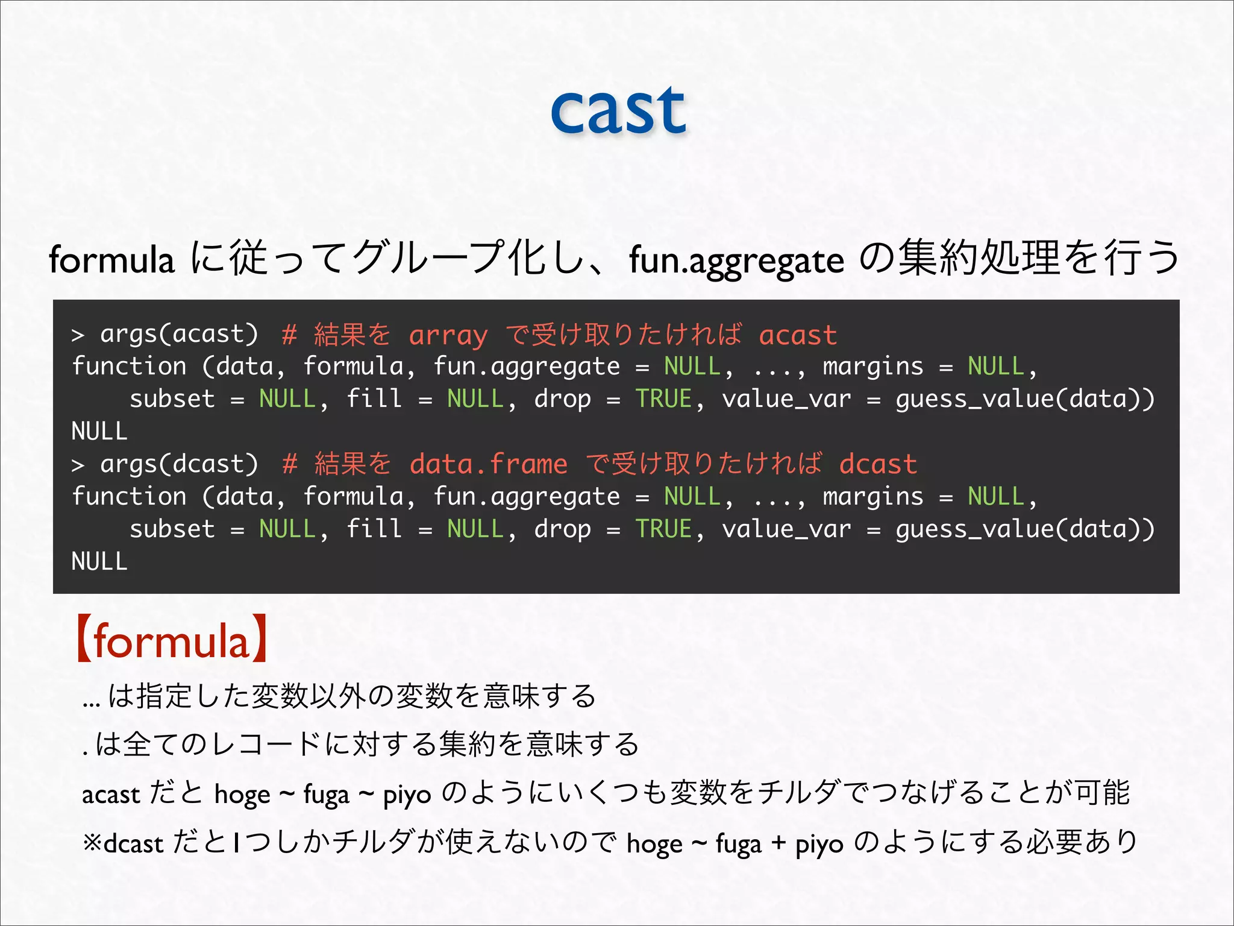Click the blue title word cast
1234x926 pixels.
(x=618, y=111)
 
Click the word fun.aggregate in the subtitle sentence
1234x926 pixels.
(x=736, y=260)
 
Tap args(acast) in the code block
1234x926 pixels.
(x=179, y=334)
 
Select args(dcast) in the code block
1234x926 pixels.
(x=179, y=464)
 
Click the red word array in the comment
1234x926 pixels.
(x=448, y=335)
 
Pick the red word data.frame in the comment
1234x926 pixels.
(x=488, y=464)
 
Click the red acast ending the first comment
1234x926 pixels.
(x=798, y=335)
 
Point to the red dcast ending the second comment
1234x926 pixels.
(x=878, y=464)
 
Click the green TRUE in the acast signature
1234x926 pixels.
(x=663, y=399)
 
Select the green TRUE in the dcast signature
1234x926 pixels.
(x=663, y=529)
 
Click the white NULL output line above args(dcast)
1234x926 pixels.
(x=99, y=432)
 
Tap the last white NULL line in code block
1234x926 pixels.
(x=99, y=562)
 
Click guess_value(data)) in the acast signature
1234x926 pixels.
(x=1025, y=399)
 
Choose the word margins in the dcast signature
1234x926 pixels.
(x=872, y=497)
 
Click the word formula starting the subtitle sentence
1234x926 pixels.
(x=111, y=260)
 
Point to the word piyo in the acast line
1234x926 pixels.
(x=407, y=795)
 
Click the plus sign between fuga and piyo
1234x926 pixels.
(x=778, y=843)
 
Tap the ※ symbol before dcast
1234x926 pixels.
(x=93, y=843)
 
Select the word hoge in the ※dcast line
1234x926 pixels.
(x=654, y=843)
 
